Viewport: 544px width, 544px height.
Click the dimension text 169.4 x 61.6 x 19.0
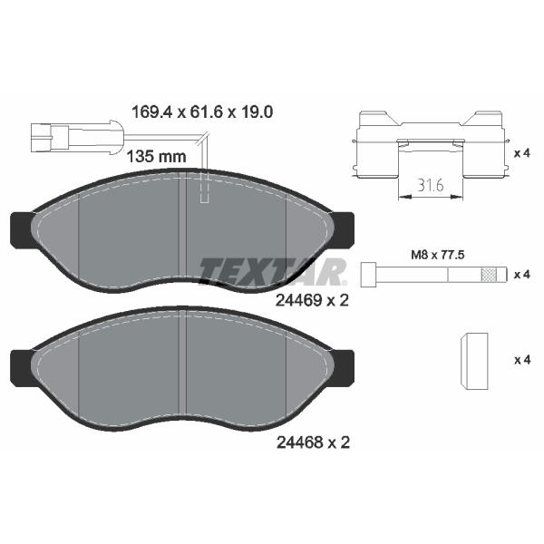tap(202, 112)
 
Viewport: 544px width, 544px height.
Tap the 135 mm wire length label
tap(157, 157)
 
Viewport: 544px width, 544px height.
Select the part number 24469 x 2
tap(312, 300)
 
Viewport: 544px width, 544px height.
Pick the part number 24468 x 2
tap(313, 442)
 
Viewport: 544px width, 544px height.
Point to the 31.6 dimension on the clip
tap(431, 186)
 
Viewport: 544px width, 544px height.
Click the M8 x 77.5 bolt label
tap(438, 255)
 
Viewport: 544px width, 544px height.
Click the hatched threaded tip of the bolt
tap(489, 275)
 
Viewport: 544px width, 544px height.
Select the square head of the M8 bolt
tap(368, 275)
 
